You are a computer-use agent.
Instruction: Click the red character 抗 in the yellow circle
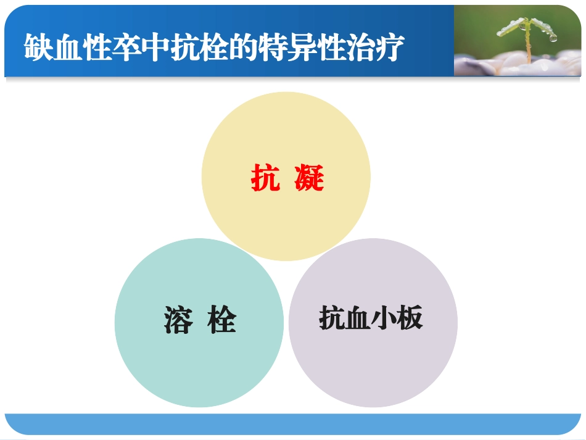point(265,178)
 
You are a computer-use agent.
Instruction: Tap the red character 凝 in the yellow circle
point(309,178)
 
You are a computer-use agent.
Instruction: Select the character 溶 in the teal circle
point(178,320)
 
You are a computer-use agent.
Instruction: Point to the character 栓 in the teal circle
point(221,320)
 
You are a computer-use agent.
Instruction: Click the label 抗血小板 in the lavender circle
point(371,319)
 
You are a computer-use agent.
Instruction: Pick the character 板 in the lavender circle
point(410,319)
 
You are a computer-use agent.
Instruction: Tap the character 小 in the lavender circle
point(384,319)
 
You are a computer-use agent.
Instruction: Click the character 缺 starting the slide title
point(39,48)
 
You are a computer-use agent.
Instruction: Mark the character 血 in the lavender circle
point(358,319)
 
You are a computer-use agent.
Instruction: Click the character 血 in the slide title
point(67,48)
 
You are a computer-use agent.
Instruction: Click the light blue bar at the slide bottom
point(293,423)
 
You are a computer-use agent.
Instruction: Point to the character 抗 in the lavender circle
point(332,319)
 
